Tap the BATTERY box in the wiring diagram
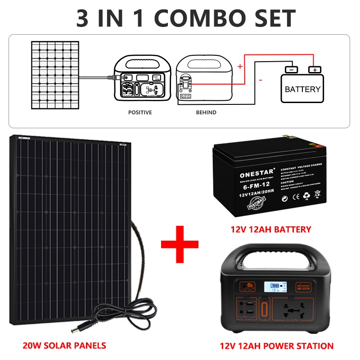point(302,89)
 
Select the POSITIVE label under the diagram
point(140,112)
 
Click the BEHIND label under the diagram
point(206,112)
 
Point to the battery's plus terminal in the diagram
point(315,70)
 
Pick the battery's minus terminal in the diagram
point(291,70)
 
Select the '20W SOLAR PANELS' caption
point(64,346)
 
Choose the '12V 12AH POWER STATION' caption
point(277,346)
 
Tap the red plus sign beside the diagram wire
point(240,67)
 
